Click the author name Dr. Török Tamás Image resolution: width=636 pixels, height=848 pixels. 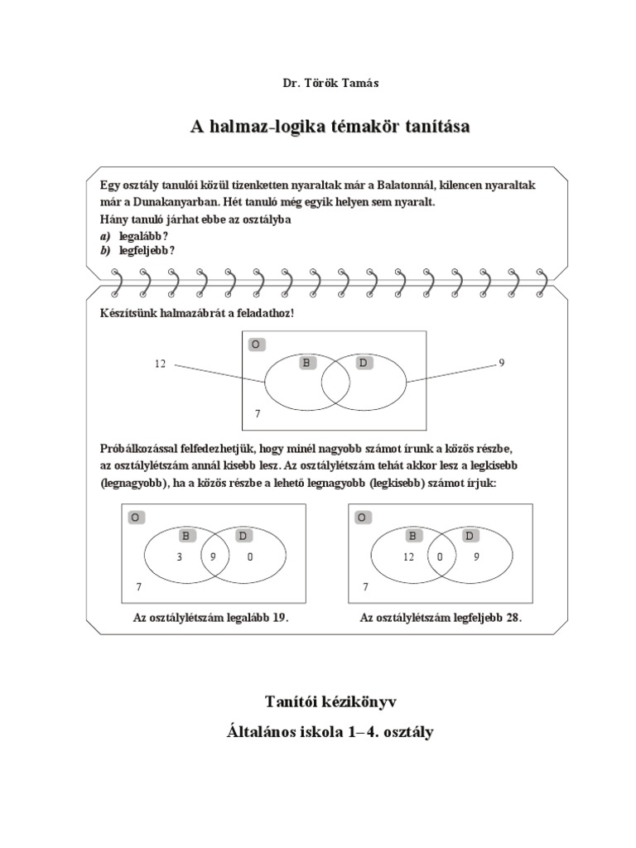[x=319, y=83]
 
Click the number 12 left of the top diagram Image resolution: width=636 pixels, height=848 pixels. [x=160, y=364]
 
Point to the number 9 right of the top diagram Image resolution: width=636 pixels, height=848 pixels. [x=502, y=362]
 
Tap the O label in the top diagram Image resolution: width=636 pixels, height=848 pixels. [x=257, y=344]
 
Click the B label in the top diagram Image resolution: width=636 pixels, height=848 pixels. [x=308, y=363]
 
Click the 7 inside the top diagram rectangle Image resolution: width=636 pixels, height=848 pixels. [x=258, y=412]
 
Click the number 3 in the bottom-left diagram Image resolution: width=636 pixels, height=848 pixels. [x=179, y=557]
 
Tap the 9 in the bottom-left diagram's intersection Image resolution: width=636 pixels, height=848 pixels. [x=213, y=557]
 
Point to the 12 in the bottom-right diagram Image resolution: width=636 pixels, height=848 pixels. [x=408, y=557]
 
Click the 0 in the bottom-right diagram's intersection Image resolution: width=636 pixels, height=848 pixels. [x=441, y=557]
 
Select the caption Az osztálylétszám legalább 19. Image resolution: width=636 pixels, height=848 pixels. [x=210, y=619]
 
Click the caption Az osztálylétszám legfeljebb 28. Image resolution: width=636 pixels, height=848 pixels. [x=441, y=619]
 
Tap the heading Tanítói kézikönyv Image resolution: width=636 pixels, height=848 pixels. [x=330, y=702]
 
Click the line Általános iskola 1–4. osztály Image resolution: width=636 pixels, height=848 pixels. [x=330, y=732]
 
